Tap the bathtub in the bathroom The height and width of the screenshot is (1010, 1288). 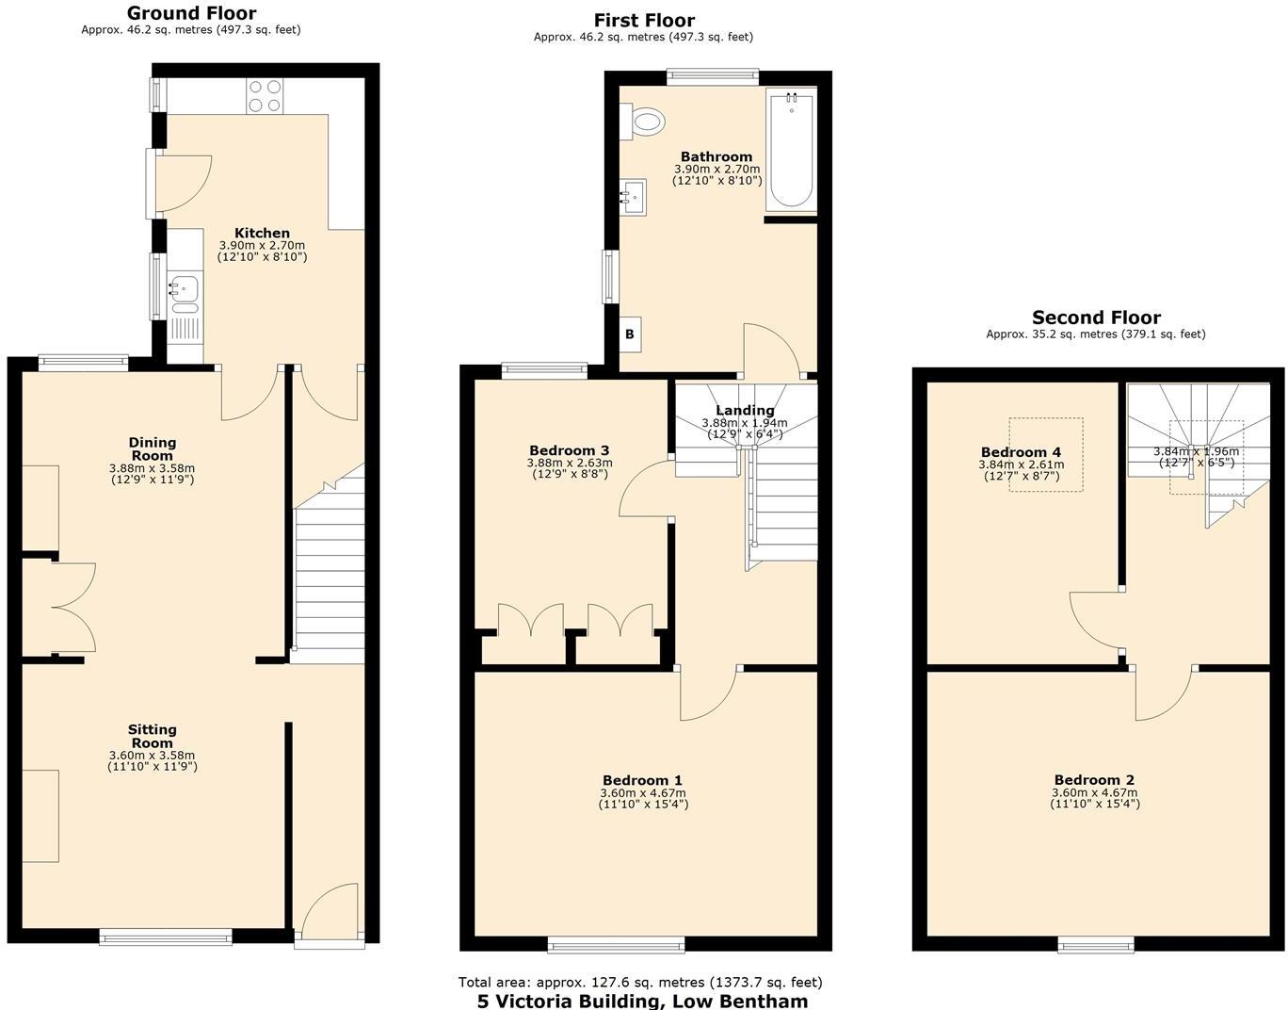[x=791, y=150]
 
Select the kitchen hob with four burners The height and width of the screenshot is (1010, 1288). [x=265, y=96]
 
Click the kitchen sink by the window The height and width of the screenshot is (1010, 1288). [x=185, y=292]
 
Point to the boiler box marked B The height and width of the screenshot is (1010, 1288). [x=630, y=334]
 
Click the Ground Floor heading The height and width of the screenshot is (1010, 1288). [x=191, y=13]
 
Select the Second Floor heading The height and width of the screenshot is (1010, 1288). [x=1096, y=318]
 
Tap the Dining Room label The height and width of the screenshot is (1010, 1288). [x=153, y=448]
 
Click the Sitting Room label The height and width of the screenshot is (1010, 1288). [x=153, y=736]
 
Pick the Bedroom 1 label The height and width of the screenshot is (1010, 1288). [x=642, y=780]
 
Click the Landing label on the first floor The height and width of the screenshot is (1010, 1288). [x=745, y=410]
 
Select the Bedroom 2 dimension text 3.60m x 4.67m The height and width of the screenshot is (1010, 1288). [x=1094, y=793]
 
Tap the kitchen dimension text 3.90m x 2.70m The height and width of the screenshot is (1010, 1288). [x=262, y=245]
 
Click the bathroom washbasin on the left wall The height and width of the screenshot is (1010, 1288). [x=634, y=197]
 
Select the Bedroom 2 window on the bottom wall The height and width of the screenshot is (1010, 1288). [x=1096, y=944]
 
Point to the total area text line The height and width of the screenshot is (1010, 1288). [x=640, y=982]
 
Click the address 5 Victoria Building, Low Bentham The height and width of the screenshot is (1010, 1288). [x=642, y=1001]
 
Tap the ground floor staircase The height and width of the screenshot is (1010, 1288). [x=330, y=575]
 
